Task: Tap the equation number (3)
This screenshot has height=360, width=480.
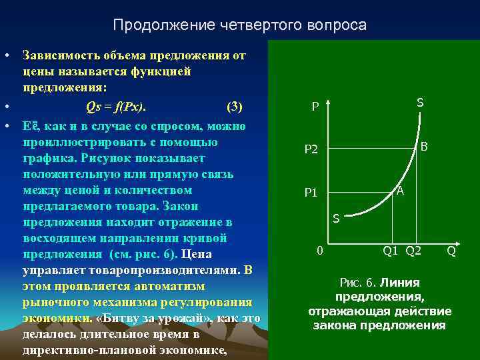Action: pyautogui.click(x=235, y=107)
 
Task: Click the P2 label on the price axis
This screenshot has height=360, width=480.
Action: pyautogui.click(x=311, y=150)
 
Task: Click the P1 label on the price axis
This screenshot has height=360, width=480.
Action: pyautogui.click(x=311, y=193)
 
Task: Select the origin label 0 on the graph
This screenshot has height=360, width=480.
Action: pyautogui.click(x=319, y=251)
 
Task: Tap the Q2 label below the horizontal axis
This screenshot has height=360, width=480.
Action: pyautogui.click(x=413, y=251)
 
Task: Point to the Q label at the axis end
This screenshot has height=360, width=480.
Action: pyautogui.click(x=451, y=251)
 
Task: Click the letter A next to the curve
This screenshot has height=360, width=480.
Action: pyautogui.click(x=400, y=191)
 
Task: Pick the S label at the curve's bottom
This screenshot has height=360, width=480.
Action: pyautogui.click(x=336, y=218)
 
